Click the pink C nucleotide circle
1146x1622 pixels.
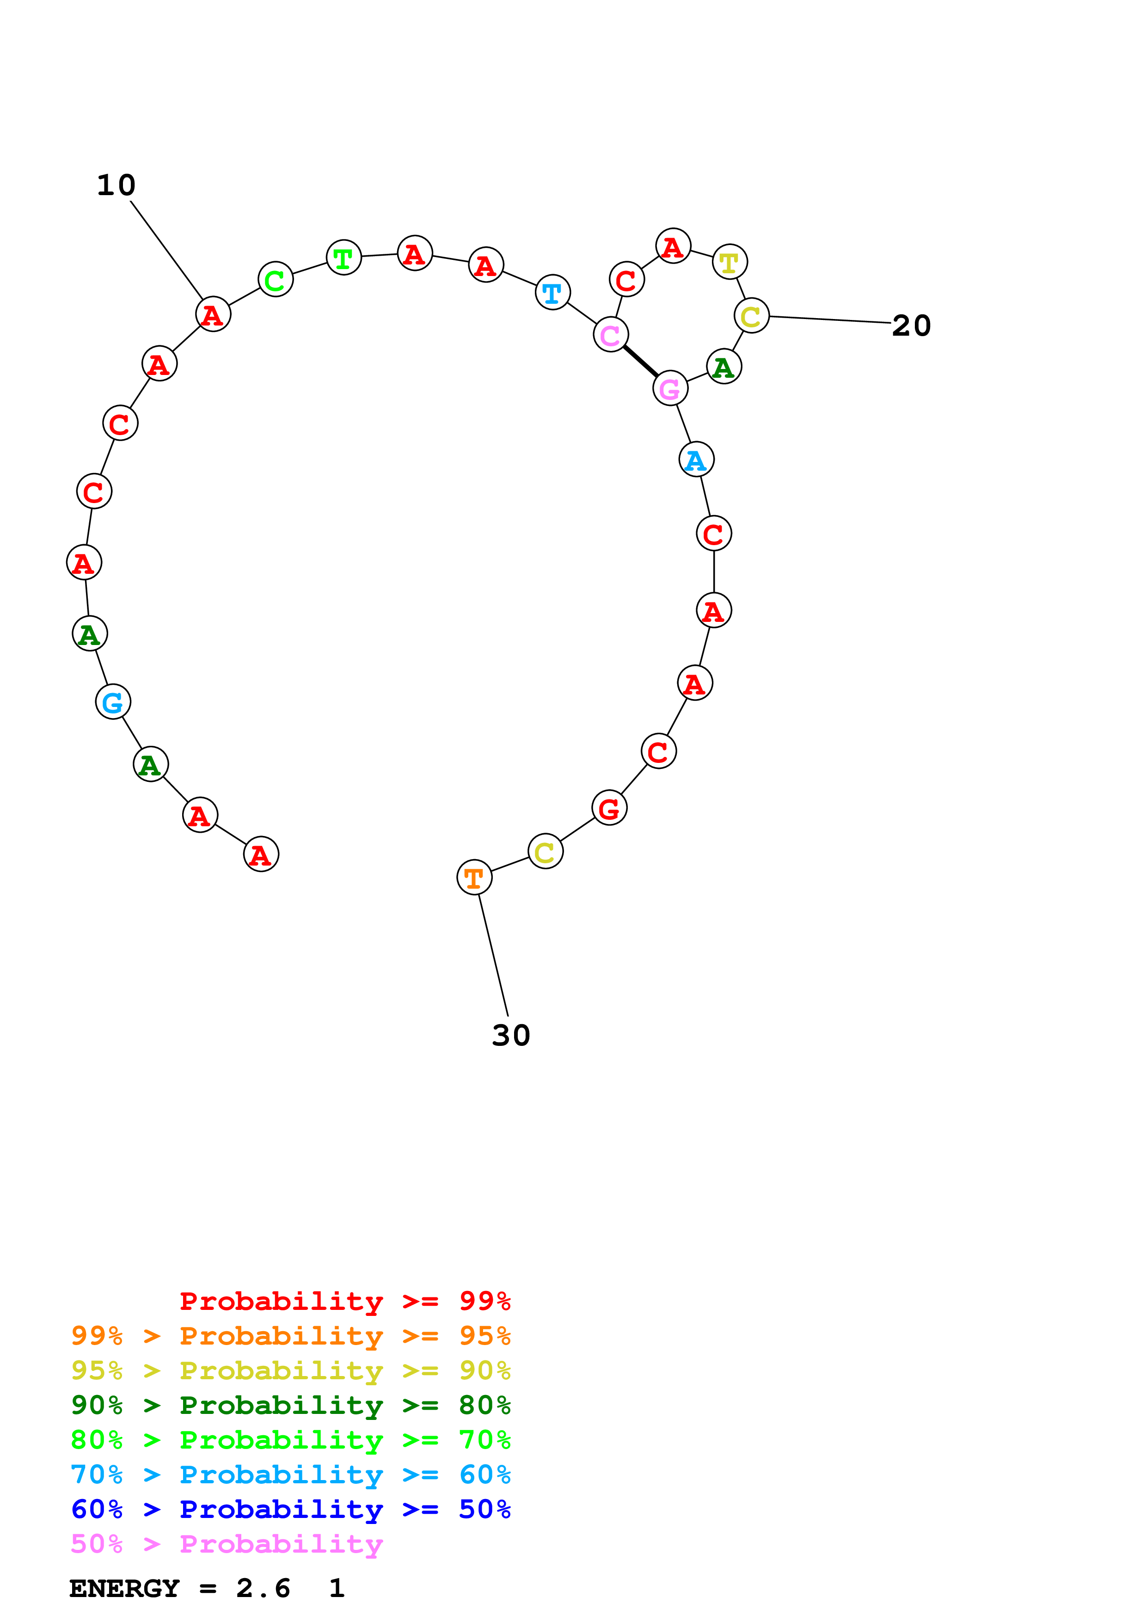click(x=611, y=335)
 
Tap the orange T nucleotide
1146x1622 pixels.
click(x=474, y=878)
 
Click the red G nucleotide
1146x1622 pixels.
click(x=609, y=809)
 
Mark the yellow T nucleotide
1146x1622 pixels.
click(x=730, y=262)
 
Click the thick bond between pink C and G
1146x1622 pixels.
click(x=640, y=362)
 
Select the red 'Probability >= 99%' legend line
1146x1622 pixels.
click(x=344, y=1301)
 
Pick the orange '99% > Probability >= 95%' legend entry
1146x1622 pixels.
click(x=290, y=1336)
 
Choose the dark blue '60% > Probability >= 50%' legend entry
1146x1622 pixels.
click(x=290, y=1509)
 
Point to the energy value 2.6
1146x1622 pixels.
click(x=263, y=1588)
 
